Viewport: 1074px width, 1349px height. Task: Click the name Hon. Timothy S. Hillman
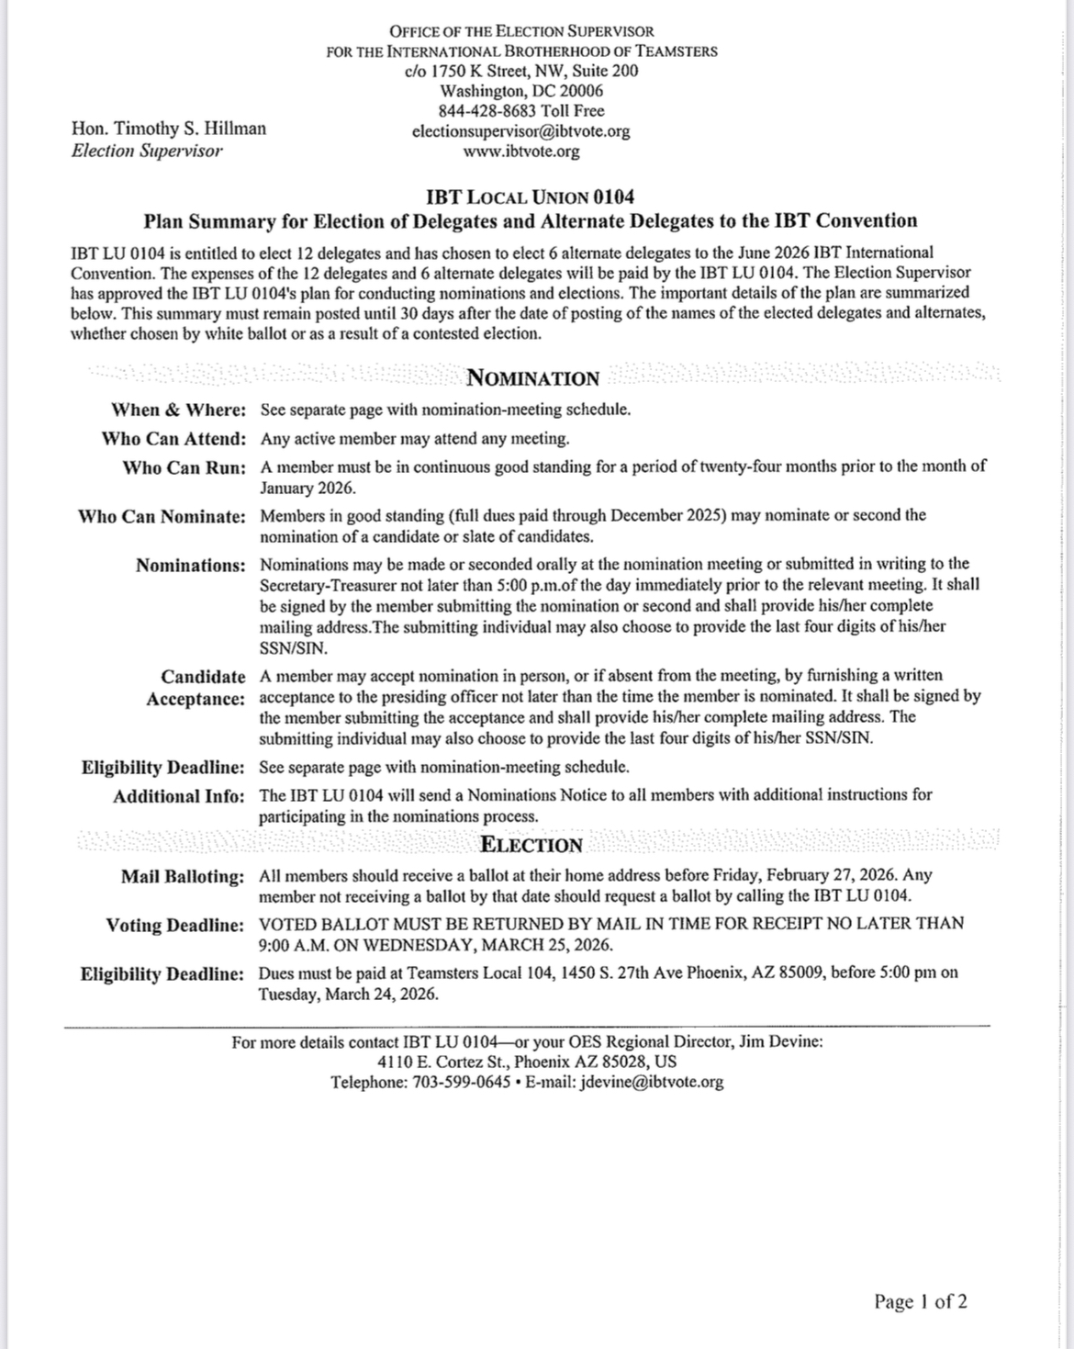click(x=169, y=129)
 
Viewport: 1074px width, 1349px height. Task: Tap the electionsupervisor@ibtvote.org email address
click(x=520, y=131)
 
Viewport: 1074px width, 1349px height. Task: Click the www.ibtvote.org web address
click(x=520, y=152)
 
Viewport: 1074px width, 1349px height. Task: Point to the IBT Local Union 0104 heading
click(x=530, y=197)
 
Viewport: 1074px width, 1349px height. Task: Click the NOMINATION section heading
click(x=532, y=378)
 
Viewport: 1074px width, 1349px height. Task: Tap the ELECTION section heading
click(x=531, y=845)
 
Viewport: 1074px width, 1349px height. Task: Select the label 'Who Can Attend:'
click(x=173, y=439)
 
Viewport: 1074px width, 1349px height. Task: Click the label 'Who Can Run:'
click(x=185, y=468)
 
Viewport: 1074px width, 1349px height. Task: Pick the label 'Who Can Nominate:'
click(x=162, y=516)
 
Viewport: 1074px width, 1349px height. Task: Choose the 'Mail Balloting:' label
click(x=183, y=877)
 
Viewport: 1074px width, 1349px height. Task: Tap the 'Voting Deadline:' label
click(x=174, y=926)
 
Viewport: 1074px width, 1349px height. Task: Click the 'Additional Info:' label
click(x=179, y=796)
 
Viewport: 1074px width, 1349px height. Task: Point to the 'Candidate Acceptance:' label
click(x=196, y=689)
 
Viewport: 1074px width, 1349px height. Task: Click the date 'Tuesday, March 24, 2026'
click(x=348, y=994)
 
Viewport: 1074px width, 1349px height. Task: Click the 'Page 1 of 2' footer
click(x=920, y=1301)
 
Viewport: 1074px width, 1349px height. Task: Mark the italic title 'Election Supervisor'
click(x=147, y=151)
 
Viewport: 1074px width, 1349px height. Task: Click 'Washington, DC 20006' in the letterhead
click(x=520, y=91)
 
